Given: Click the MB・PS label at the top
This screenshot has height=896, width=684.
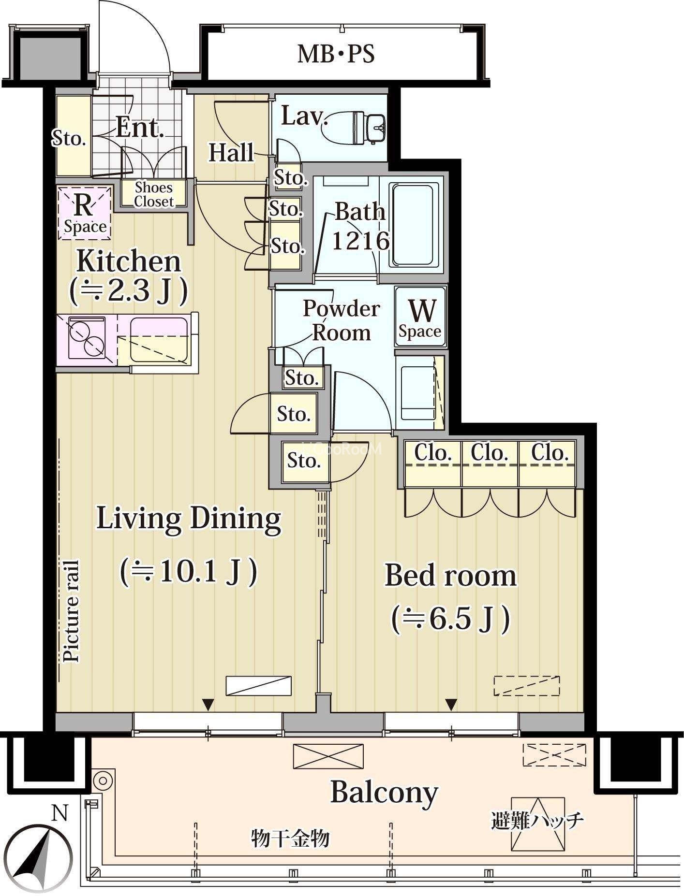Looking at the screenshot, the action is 336,54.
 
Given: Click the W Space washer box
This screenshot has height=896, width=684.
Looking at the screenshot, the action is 420,317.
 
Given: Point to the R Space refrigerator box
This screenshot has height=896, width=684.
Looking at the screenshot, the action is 85,213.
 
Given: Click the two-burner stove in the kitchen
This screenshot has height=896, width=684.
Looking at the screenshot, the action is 87,337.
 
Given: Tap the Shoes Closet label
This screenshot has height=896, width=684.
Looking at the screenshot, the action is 154,194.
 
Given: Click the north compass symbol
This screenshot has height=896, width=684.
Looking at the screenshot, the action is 40,858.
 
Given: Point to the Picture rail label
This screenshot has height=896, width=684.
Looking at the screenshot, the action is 72,611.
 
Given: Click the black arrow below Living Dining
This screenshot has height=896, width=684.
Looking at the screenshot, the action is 208,705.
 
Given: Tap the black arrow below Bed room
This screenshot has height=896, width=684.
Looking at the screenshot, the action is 451,705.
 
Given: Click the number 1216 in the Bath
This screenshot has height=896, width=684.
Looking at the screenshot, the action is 360,240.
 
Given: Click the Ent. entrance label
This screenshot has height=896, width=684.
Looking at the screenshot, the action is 140,129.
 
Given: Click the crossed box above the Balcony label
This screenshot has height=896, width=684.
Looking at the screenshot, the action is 328,756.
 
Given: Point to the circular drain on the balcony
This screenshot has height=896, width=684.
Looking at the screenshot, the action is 103,780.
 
